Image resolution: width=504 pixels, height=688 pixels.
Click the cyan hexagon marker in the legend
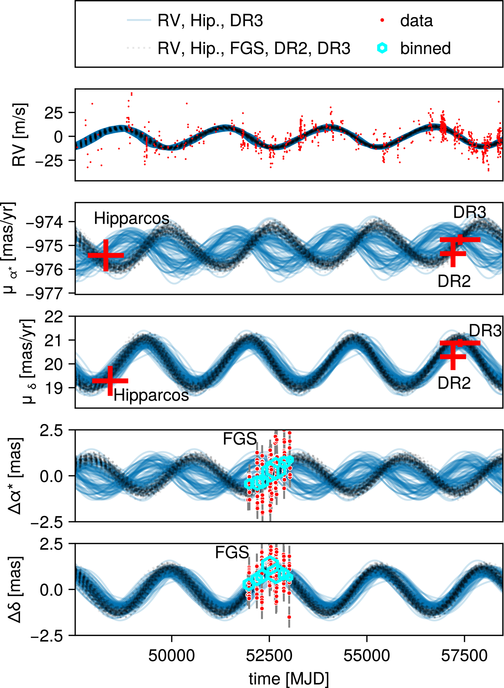382,48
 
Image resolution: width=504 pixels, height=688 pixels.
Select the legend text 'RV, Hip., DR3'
210,21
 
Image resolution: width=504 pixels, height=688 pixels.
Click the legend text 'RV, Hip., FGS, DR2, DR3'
254,48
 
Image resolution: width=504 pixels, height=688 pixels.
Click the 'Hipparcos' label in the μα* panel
132,218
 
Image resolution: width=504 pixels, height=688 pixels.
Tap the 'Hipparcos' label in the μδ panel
151,395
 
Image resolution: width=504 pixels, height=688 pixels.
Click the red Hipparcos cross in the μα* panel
106,255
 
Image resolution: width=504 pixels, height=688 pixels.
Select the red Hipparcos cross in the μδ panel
110,381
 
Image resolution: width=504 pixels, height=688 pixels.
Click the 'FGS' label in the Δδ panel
232,553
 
